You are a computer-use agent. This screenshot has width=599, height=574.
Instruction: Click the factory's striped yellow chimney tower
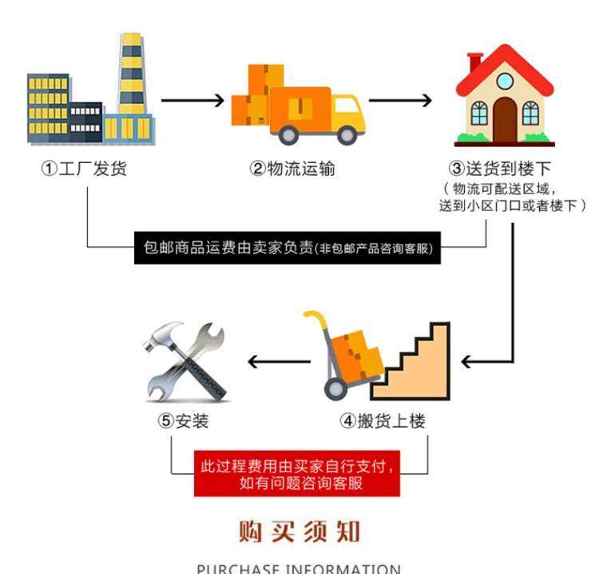[x=132, y=74]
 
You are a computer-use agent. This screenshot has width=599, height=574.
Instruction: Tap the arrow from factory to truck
[x=192, y=101]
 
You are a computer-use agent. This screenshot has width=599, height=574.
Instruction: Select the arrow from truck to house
[x=400, y=101]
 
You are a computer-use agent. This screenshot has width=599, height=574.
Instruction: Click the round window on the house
[x=504, y=81]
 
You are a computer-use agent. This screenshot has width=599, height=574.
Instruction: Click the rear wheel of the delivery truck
[x=289, y=134]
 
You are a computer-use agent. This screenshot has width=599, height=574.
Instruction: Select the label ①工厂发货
[x=84, y=169]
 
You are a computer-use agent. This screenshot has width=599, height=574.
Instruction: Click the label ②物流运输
[x=292, y=169]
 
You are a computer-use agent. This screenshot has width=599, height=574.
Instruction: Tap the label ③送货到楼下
[x=500, y=169]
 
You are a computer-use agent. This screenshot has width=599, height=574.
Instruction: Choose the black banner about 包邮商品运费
[x=288, y=248]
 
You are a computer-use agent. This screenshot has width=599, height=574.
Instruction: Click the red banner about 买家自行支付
[x=297, y=473]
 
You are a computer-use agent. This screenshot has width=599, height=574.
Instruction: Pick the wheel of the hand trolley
[x=335, y=389]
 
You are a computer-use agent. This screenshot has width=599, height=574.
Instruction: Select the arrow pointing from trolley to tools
[x=280, y=361]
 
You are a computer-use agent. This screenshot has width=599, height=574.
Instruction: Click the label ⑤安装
[x=183, y=421]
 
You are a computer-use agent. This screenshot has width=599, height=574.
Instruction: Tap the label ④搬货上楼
[x=383, y=421]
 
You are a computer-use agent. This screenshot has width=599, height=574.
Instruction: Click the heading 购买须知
[x=299, y=531]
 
